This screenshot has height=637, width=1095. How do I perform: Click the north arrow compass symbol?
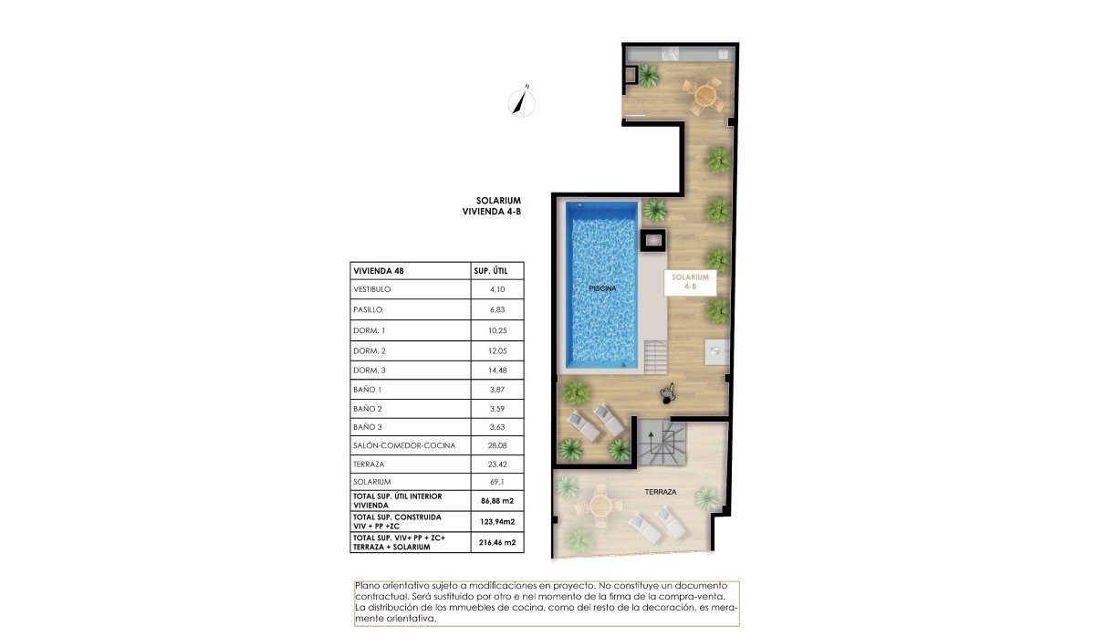tap(522, 101)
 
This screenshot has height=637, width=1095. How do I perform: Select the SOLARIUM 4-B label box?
tap(690, 281)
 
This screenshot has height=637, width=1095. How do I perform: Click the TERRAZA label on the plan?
tap(660, 492)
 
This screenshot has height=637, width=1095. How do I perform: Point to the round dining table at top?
tap(706, 94)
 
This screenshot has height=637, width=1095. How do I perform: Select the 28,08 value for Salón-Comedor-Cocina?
tap(497, 445)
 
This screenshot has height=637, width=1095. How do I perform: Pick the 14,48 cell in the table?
tap(497, 369)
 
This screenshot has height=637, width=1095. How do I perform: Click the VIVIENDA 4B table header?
tap(378, 271)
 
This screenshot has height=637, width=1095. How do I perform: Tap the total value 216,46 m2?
tap(497, 542)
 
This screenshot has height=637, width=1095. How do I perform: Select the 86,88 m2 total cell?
tap(497, 501)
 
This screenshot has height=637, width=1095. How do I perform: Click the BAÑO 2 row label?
tap(368, 408)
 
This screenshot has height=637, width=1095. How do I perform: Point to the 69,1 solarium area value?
tap(497, 481)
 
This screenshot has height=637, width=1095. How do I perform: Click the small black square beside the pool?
tap(653, 242)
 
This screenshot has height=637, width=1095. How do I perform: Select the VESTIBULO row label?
tap(371, 289)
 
